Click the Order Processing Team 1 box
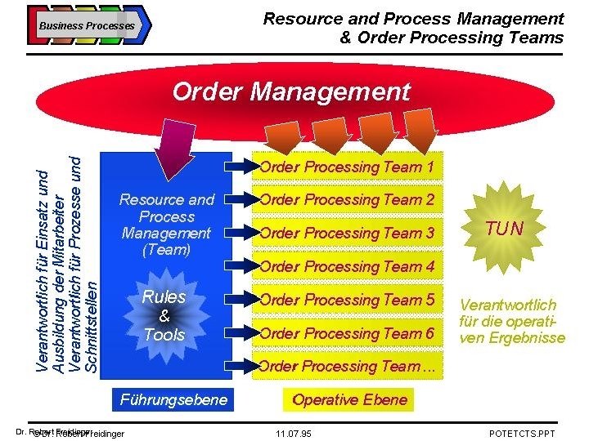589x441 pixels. (347, 167)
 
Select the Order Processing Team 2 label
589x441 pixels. (347, 199)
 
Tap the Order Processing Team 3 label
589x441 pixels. (347, 233)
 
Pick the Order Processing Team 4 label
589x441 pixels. (347, 266)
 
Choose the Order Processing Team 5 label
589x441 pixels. (347, 300)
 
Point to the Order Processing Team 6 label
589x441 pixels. (347, 333)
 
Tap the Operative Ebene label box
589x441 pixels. (349, 399)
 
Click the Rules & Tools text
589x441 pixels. (164, 316)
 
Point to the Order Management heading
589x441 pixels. (291, 91)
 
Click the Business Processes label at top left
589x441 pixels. (87, 25)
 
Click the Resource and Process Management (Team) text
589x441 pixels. (166, 225)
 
